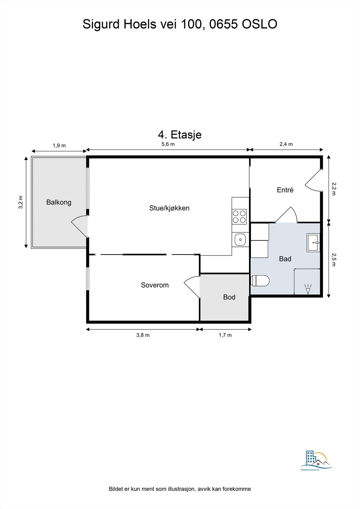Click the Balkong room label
click(59, 202)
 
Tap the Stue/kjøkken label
click(169, 208)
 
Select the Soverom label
click(155, 285)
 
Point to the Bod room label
click(229, 297)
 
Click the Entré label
click(285, 190)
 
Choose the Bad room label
click(285, 259)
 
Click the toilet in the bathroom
click(260, 281)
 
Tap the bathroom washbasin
click(313, 242)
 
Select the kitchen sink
click(240, 240)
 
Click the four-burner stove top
click(239, 217)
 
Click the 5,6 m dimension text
click(168, 144)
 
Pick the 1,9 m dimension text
click(59, 145)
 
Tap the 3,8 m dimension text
click(143, 335)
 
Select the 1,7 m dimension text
click(225, 335)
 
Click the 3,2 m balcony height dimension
click(21, 202)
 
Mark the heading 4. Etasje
click(180, 135)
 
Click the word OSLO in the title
click(259, 24)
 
